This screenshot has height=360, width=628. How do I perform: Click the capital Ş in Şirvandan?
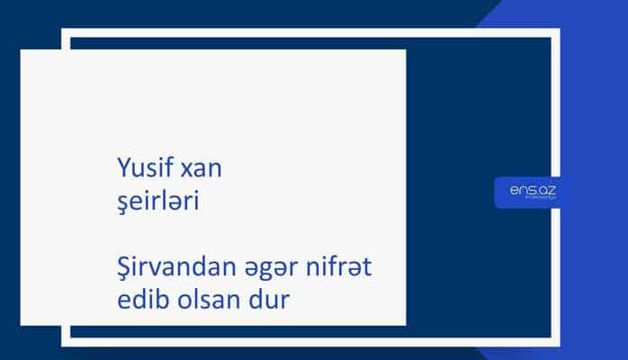tap(124, 268)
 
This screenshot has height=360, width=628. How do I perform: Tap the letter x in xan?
tap(187, 170)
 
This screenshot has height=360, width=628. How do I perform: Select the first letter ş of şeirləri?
tap(122, 205)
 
